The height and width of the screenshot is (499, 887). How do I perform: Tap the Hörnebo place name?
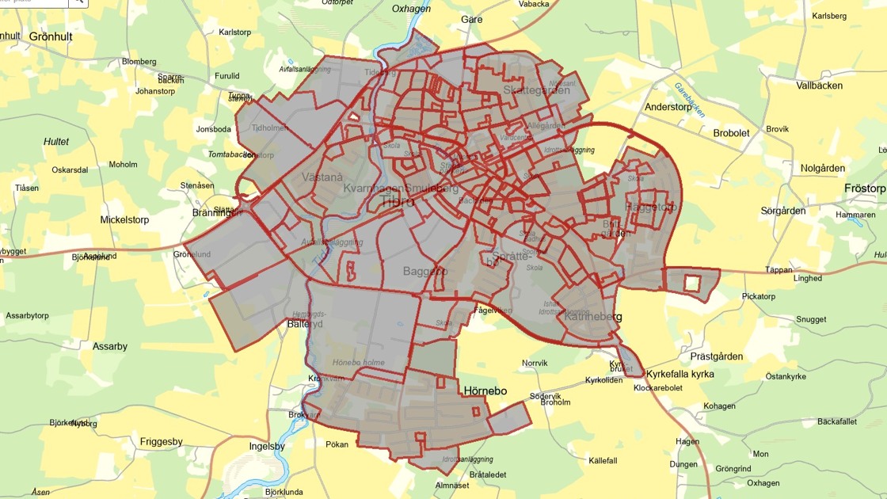point(485,391)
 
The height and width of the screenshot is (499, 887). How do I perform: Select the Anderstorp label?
point(668,107)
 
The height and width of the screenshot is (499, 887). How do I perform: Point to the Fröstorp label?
point(865,189)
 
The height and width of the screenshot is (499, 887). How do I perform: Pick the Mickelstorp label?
point(124,220)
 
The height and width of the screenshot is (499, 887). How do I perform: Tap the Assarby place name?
point(110,346)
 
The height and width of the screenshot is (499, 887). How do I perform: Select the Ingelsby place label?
point(267,446)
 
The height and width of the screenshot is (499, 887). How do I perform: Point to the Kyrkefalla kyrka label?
point(680,374)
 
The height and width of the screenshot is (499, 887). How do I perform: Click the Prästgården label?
point(717,356)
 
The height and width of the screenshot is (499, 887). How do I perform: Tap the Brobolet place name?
point(731,133)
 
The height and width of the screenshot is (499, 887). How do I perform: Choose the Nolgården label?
point(822,168)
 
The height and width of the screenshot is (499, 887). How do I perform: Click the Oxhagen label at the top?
point(411,9)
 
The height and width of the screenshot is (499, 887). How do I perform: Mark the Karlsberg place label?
point(829,16)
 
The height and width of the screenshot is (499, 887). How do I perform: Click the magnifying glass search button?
point(78,2)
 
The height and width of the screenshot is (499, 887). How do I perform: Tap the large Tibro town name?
point(398,201)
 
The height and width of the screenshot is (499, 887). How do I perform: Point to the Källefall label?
point(603,460)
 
